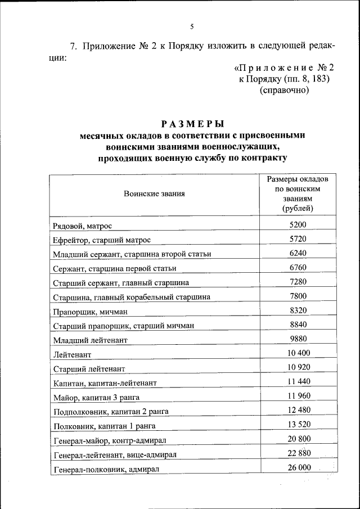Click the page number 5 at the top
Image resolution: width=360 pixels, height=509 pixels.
point(192,26)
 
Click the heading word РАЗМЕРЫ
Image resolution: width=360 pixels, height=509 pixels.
point(192,124)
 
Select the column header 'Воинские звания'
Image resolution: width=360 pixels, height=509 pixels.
point(154,194)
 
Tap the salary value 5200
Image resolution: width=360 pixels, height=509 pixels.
point(298,224)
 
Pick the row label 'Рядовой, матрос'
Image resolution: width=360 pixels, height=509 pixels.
point(83,226)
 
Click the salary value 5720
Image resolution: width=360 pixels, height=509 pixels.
point(298,238)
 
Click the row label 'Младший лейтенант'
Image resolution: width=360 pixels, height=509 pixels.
point(90,340)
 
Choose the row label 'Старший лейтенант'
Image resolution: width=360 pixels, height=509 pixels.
point(89,369)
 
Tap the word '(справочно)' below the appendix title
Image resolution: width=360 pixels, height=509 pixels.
point(284,90)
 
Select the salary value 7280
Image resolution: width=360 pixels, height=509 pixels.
point(298,281)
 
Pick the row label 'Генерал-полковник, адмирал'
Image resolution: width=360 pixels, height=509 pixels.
point(106,469)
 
